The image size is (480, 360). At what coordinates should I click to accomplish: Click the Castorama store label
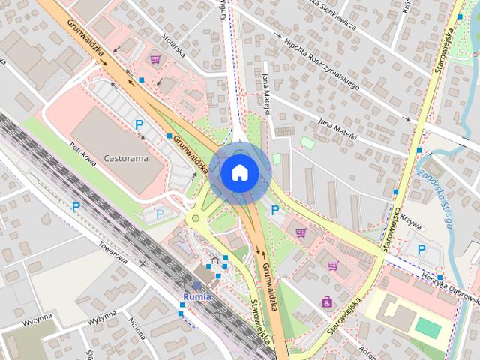[125, 159]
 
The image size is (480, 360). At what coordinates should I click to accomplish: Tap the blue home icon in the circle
[239, 173]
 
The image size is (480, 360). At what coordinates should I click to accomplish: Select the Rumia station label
[196, 295]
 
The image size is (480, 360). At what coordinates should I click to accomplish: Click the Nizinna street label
[136, 326]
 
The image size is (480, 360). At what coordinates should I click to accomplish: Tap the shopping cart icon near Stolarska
[155, 58]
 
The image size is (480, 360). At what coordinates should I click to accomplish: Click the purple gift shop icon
[327, 301]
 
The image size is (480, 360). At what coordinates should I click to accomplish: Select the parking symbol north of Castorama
[138, 124]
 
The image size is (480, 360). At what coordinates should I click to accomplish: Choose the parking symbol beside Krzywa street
[421, 249]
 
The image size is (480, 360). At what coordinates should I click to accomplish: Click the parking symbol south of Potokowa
[76, 205]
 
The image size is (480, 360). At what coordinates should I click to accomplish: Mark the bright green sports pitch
[428, 328]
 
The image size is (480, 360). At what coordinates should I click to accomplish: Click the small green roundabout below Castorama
[196, 220]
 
